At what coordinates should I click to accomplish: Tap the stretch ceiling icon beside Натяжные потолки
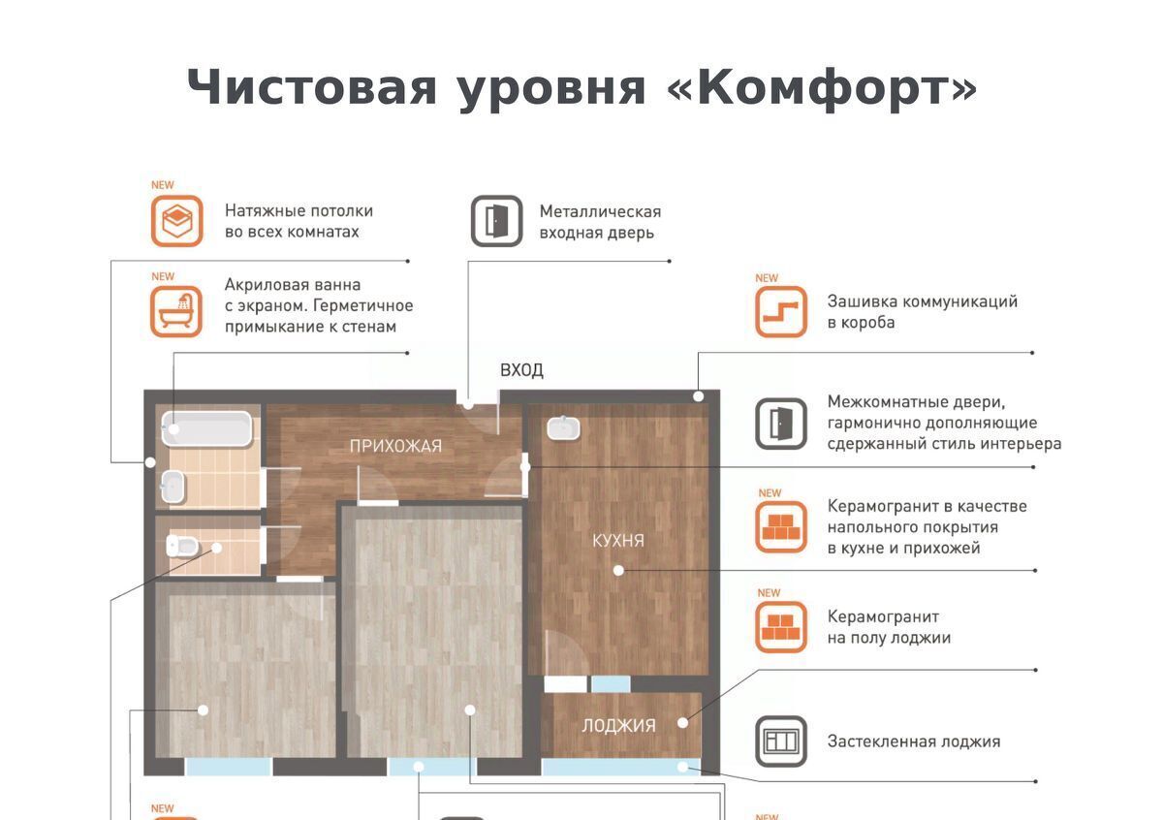point(177,221)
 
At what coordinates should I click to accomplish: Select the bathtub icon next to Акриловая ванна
point(176,311)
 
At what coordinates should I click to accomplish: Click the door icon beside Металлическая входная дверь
point(497,221)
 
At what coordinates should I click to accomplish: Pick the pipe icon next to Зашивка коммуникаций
point(781,311)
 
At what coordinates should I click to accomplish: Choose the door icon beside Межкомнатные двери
point(781,424)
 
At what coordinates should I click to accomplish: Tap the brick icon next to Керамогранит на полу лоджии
point(781,627)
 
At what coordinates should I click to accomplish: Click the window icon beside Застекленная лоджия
point(781,741)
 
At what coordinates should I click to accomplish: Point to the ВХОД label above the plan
point(521,370)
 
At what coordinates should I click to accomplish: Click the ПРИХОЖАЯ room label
point(395,446)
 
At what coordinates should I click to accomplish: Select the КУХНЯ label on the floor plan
point(618,541)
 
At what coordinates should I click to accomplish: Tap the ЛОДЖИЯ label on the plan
point(619,725)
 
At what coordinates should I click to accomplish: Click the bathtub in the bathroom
point(206,429)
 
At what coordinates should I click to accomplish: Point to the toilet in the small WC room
point(181,546)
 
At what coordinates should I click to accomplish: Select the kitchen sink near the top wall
point(563,428)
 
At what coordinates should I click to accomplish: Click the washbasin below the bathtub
point(173,487)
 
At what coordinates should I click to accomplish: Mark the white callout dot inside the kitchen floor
point(618,571)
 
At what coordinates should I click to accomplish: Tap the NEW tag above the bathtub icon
point(163,277)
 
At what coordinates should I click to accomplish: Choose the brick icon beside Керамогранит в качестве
point(781,526)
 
